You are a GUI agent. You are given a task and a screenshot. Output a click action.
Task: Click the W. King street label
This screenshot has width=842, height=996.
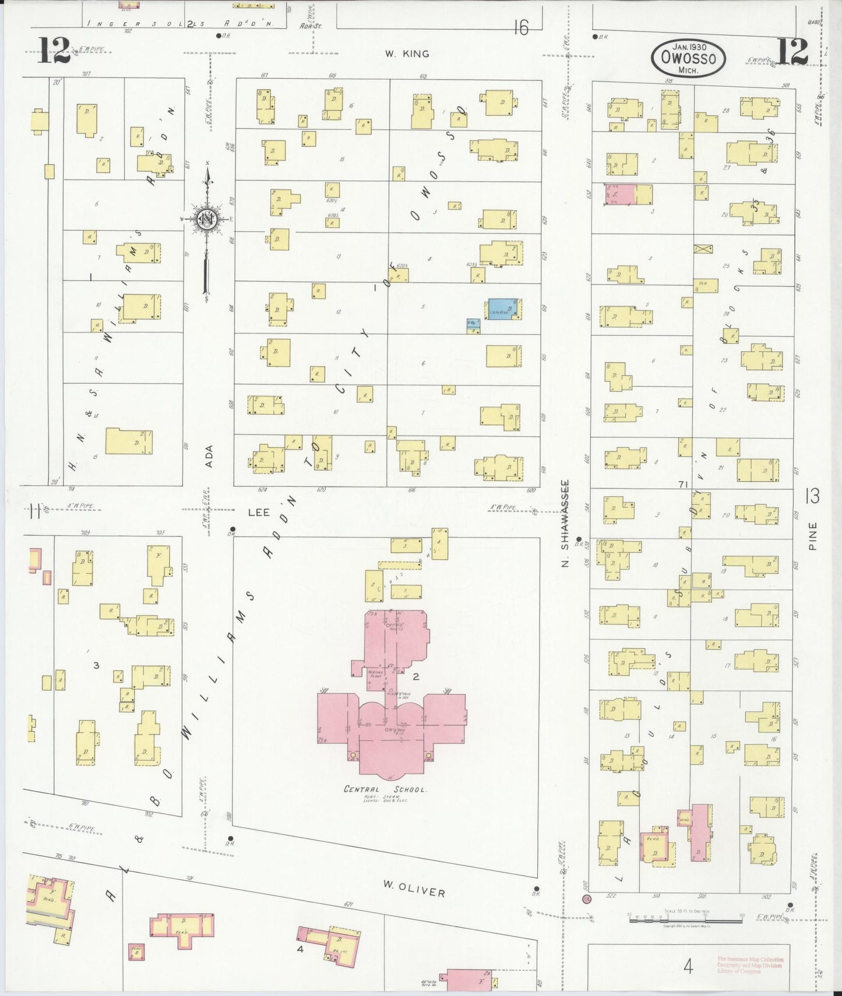pos(407,54)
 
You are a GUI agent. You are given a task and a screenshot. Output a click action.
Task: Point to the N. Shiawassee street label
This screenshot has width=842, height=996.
pos(565,522)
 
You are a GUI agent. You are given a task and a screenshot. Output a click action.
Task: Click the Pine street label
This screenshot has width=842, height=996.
pos(813,536)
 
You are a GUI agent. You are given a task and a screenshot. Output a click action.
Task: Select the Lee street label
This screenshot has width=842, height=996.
pos(259,512)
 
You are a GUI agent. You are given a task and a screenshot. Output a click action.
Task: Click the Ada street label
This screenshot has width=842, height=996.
pos(209,456)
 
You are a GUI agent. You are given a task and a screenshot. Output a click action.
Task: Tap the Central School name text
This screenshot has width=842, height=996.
pos(385,789)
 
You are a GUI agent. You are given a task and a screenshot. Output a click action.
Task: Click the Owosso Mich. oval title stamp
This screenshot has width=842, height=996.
pos(688,58)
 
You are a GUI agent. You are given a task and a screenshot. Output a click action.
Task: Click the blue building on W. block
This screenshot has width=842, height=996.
pos(505,309)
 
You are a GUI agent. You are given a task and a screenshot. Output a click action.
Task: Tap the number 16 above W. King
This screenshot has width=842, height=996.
pos(521,27)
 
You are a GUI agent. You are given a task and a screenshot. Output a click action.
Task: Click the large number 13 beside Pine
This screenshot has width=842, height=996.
pos(812,496)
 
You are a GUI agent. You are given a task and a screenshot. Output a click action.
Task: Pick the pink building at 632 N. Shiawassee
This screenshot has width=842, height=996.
pos(619,195)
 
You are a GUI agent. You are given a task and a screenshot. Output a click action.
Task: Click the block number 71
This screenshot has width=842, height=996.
pos(684,484)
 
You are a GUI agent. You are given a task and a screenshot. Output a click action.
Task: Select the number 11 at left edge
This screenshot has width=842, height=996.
pos(34,512)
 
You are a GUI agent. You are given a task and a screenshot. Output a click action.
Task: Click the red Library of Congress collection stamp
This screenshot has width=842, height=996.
pos(750,965)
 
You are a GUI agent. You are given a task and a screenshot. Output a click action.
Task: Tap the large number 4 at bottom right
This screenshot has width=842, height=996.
pos(688,967)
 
